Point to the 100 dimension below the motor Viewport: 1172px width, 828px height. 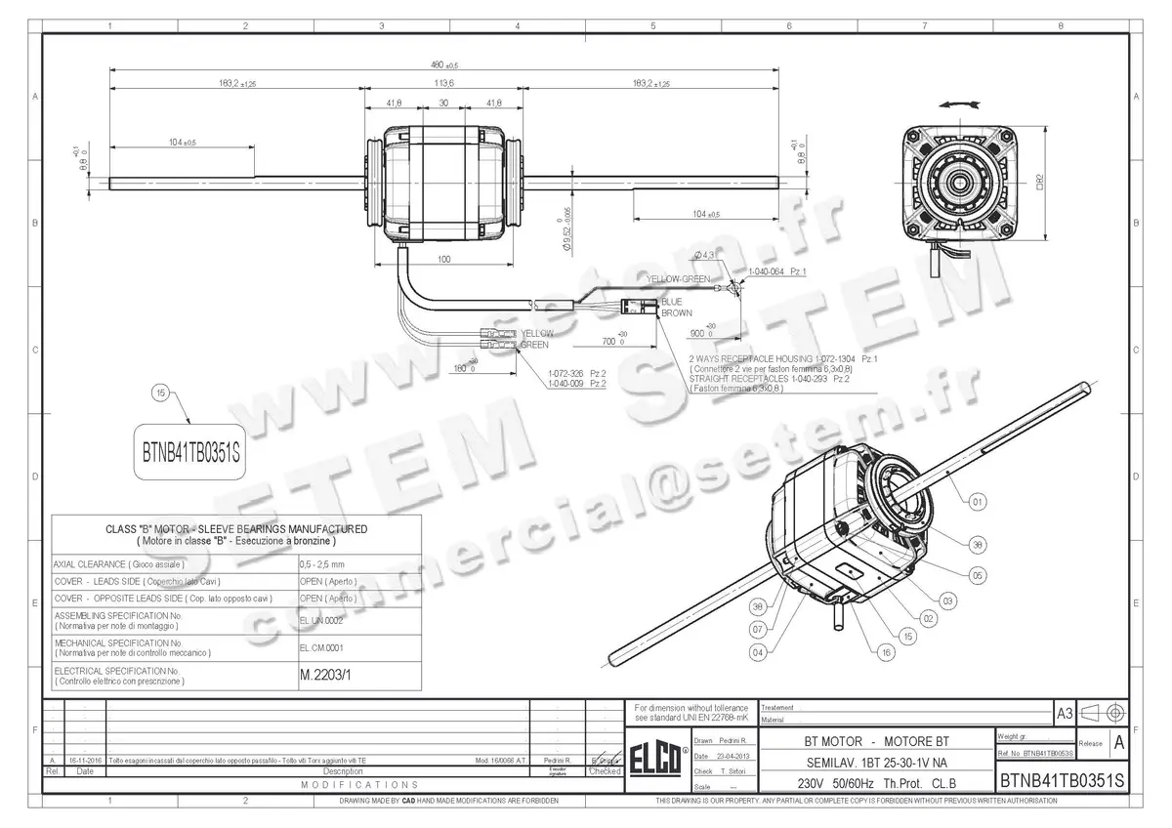point(443,259)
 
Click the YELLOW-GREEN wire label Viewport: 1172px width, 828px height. point(679,279)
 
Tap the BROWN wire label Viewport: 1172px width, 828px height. point(676,313)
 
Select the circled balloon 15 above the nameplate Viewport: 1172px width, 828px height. point(162,393)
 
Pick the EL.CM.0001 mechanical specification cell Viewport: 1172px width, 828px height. point(321,646)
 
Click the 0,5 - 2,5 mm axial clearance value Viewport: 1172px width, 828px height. point(321,564)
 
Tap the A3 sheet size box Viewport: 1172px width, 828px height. point(1064,713)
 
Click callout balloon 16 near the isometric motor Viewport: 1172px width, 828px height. point(885,651)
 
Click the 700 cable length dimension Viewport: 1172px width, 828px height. point(611,343)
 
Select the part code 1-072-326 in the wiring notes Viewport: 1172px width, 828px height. point(565,374)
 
